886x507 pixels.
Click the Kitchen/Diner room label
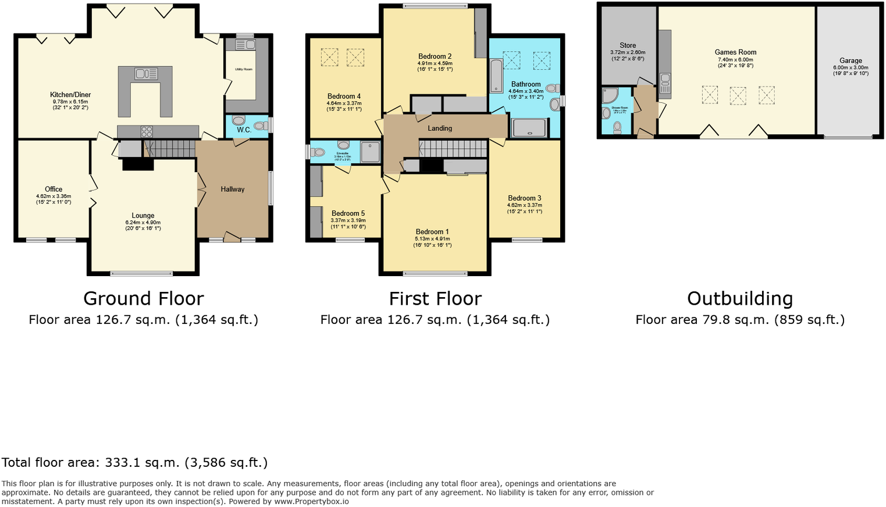(70, 95)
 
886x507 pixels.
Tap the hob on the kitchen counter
(147, 132)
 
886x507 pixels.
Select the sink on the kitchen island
(146, 74)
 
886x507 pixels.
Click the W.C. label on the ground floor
(244, 130)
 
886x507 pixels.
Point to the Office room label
(54, 190)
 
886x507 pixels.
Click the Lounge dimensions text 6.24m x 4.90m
(143, 223)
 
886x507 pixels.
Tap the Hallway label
(233, 190)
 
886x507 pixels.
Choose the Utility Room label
(244, 69)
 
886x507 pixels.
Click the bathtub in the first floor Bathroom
(496, 76)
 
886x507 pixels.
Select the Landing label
(440, 128)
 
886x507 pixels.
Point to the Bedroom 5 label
(348, 213)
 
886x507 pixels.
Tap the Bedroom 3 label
(524, 198)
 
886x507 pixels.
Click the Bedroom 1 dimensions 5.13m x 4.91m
(432, 239)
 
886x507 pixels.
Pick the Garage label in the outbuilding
(851, 60)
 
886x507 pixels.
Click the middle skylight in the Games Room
(738, 95)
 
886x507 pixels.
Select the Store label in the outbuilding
(628, 45)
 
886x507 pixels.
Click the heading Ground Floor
(144, 298)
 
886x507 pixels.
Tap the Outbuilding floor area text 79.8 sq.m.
(740, 320)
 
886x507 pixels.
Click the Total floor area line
(134, 463)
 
